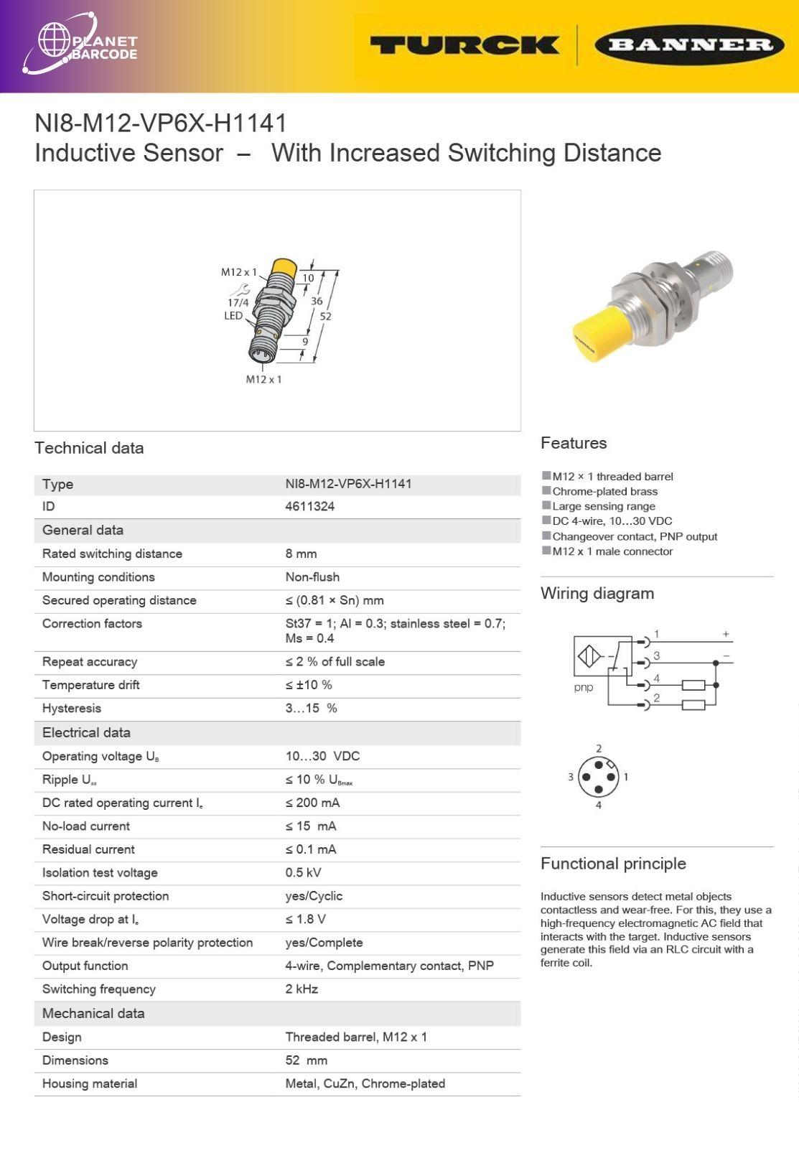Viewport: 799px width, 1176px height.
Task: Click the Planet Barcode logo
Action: [x=79, y=45]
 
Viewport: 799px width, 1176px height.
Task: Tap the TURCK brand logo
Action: [x=464, y=45]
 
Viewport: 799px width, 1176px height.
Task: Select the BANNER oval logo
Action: [x=688, y=45]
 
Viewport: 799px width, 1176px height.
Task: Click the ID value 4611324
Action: [x=309, y=506]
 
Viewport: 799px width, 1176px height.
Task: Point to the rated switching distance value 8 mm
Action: [x=301, y=554]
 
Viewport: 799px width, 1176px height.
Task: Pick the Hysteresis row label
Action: [x=72, y=708]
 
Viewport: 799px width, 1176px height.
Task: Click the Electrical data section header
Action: [x=86, y=732]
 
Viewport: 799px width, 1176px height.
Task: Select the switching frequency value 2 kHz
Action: [x=302, y=989]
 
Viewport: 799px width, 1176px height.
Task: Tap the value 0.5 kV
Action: [x=303, y=872]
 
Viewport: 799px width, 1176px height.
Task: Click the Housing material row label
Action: [x=90, y=1083]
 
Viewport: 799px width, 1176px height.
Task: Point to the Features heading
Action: [x=574, y=443]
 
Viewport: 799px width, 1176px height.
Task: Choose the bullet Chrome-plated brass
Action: [x=604, y=491]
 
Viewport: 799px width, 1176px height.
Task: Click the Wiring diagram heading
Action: [x=597, y=593]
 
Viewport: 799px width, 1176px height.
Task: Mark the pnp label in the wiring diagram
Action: [x=584, y=688]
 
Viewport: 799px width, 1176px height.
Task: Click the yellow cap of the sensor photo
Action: [x=598, y=335]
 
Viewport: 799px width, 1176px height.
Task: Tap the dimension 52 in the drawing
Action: [x=325, y=316]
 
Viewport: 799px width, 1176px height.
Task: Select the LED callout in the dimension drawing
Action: [x=233, y=315]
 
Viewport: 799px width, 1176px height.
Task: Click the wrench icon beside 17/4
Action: [x=240, y=289]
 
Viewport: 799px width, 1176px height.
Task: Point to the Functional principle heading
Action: [x=613, y=864]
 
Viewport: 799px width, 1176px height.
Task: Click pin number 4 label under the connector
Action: [x=599, y=805]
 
